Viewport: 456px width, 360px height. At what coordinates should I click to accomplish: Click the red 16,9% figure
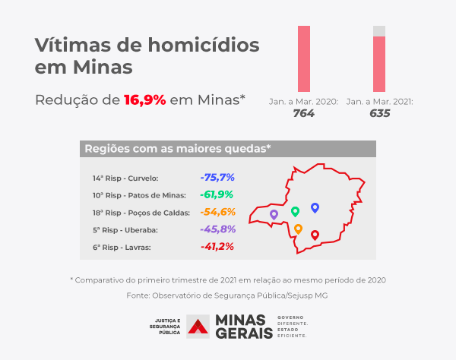144,99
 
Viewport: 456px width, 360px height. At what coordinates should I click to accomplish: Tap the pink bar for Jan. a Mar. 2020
303,59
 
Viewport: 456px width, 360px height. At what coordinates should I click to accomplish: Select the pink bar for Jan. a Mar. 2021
379,64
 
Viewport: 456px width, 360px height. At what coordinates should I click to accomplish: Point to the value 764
304,113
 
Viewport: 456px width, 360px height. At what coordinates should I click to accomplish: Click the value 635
379,113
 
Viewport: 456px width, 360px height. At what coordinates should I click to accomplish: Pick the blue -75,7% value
217,178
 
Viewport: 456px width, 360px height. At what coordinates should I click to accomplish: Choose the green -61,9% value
217,194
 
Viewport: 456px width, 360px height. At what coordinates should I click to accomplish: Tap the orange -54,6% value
218,212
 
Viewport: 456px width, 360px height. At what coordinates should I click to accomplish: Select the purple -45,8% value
218,229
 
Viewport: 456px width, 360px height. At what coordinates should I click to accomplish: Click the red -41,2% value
217,247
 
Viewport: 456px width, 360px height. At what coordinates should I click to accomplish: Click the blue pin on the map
315,207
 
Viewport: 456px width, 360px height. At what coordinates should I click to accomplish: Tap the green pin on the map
295,210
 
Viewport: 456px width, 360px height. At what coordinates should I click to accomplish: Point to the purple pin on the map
274,215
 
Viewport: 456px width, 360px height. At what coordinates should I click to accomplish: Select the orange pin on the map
298,229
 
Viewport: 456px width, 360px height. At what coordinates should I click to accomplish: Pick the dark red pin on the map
315,235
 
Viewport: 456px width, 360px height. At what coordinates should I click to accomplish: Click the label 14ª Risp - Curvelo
125,178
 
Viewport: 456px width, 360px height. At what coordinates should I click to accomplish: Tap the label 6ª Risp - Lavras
122,248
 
